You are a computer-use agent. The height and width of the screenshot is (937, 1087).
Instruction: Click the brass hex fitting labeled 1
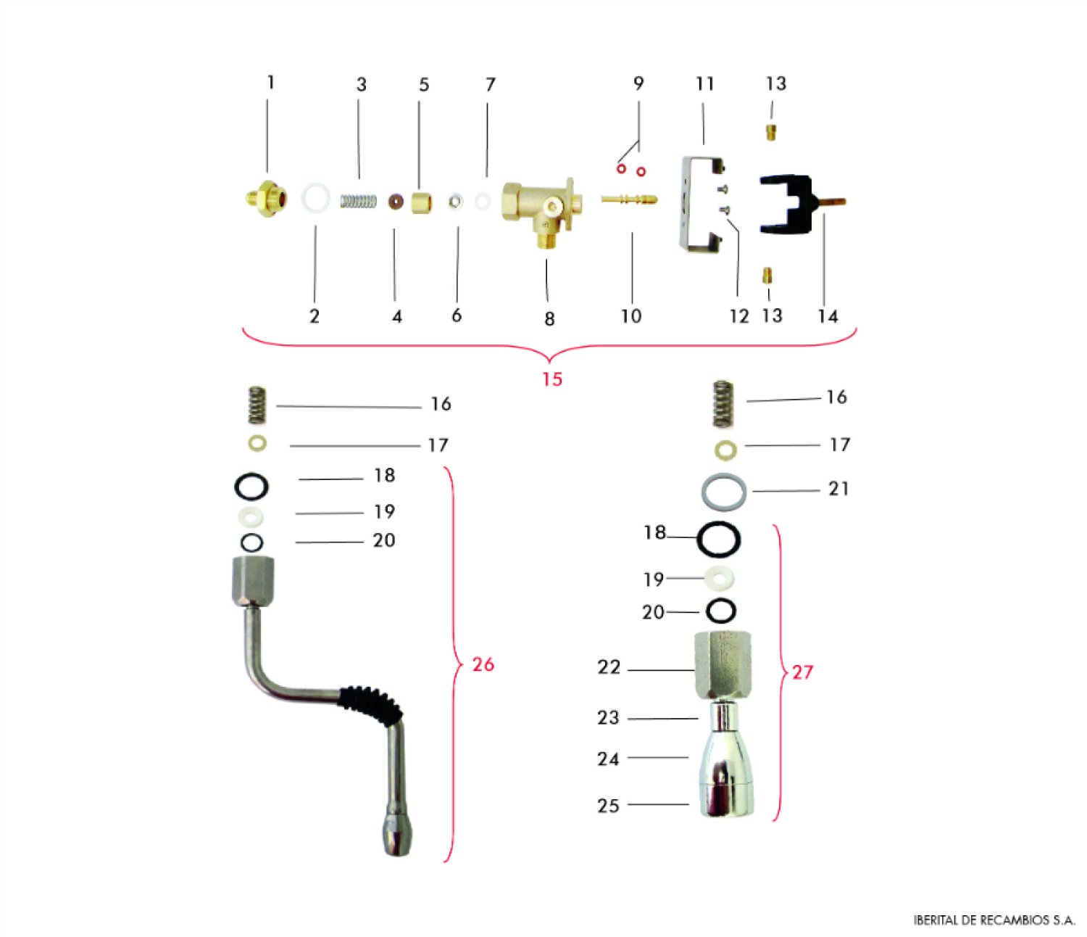[267, 199]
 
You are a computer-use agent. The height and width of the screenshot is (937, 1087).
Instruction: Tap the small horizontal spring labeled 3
[359, 201]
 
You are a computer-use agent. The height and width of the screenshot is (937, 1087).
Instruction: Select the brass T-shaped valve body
[542, 210]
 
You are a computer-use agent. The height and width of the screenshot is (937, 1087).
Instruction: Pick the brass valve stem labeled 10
[630, 200]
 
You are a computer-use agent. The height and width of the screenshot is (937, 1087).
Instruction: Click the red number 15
[552, 379]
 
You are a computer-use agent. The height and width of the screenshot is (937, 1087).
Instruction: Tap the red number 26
[483, 665]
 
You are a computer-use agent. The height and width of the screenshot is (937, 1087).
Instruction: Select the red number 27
[802, 672]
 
